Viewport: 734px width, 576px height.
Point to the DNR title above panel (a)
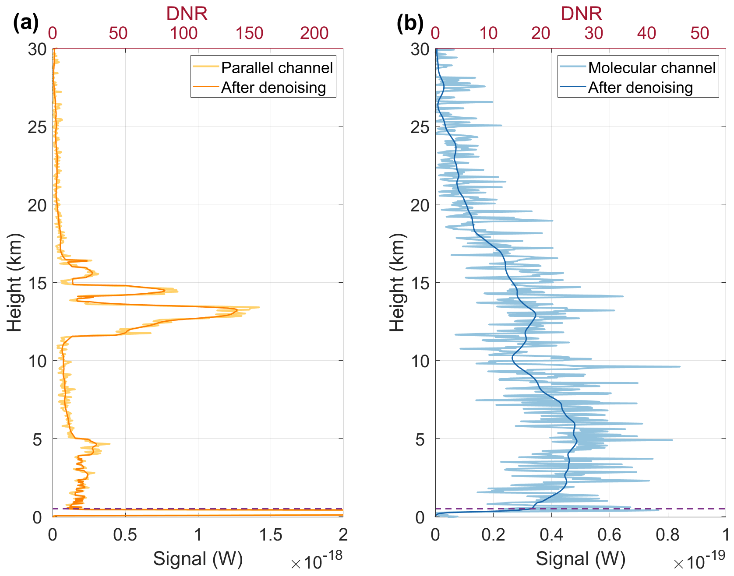[x=187, y=14]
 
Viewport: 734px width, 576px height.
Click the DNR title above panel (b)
[x=581, y=14]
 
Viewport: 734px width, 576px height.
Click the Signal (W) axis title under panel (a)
[x=198, y=559]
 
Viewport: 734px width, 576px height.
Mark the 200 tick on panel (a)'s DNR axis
[x=314, y=33]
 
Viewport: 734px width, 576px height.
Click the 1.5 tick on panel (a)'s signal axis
[x=270, y=535]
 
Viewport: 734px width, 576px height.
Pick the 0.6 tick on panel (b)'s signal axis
[x=610, y=535]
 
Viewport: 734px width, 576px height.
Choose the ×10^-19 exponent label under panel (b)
[x=699, y=561]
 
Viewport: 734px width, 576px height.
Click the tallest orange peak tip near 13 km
[x=259, y=307]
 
